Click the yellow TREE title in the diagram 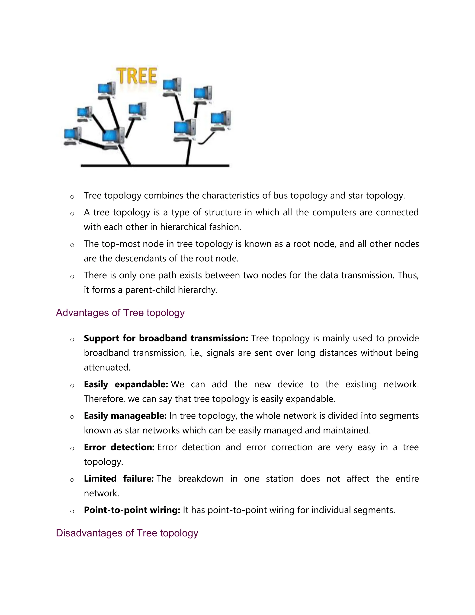tap(137, 76)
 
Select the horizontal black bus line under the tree tap(155, 166)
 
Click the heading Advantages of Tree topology tap(120, 313)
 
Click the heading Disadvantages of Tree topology tap(127, 533)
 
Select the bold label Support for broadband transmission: tap(166, 338)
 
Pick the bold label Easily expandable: tap(126, 384)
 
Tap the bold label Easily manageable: tap(125, 416)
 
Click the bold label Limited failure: tap(119, 479)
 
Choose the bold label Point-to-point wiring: tap(132, 510)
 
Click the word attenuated tap(107, 367)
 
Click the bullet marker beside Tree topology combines tap(72, 197)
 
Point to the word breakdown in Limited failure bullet tap(200, 479)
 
